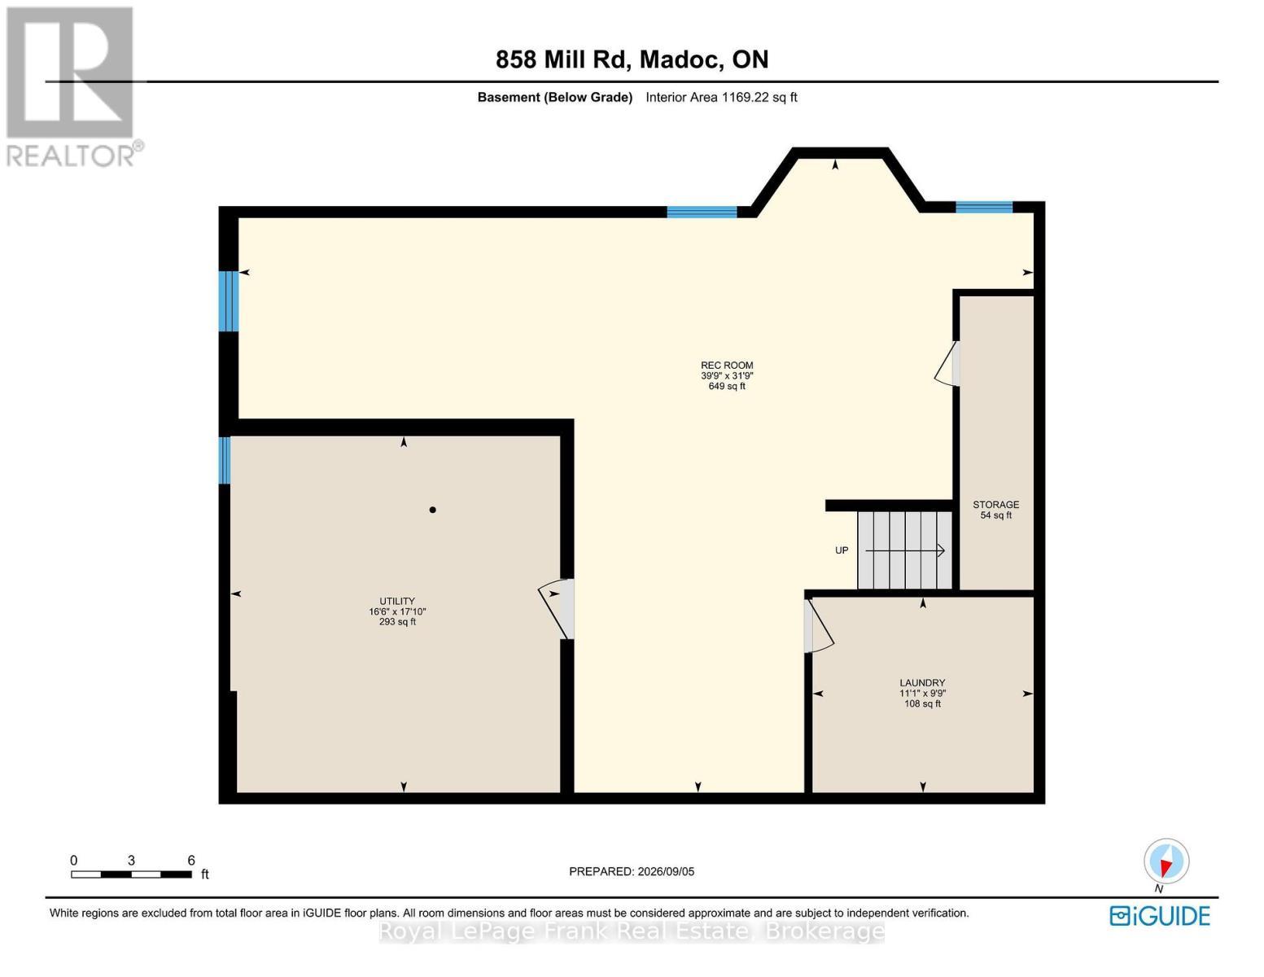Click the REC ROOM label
point(727,366)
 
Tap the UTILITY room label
point(397,601)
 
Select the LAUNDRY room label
point(922,682)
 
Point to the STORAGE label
point(996,505)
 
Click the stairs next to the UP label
point(904,550)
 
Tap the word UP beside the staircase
point(842,550)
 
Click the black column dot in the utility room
point(433,510)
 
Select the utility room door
point(558,609)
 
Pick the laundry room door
point(819,625)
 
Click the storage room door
point(947,363)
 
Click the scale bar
point(132,874)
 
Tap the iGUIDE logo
point(1160,916)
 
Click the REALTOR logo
point(72,87)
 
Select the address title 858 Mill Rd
point(560,59)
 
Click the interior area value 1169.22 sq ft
point(759,97)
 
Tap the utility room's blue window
point(225,460)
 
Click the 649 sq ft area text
point(727,386)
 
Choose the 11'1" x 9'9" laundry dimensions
point(922,693)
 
